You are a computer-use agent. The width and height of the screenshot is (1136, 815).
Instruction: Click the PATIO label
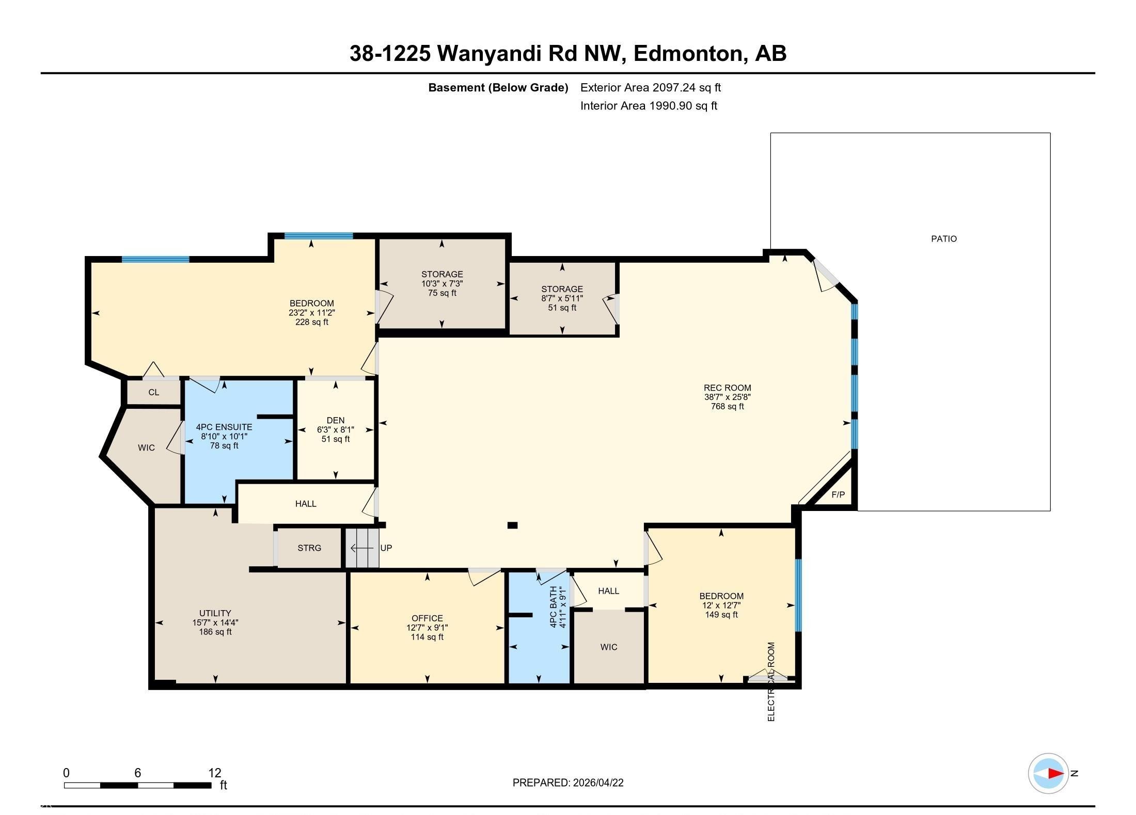click(x=943, y=239)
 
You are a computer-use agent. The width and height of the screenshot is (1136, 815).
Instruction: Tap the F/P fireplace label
click(x=838, y=494)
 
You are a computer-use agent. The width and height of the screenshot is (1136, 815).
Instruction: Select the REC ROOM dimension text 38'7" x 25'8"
click(x=727, y=397)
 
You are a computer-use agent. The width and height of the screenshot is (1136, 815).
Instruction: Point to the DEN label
click(x=336, y=421)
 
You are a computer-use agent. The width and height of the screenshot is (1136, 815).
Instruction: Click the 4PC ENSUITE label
click(x=224, y=427)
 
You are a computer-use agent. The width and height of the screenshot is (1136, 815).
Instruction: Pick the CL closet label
click(x=154, y=392)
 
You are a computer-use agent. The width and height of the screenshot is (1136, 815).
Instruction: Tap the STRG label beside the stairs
click(x=309, y=548)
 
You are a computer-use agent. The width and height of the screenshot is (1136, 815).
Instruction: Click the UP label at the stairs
click(x=386, y=548)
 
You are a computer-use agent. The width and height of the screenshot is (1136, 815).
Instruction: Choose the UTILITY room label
click(x=215, y=614)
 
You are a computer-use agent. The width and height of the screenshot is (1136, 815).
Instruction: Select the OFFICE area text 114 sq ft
click(x=427, y=637)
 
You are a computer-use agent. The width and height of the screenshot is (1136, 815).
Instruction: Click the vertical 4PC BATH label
click(x=554, y=606)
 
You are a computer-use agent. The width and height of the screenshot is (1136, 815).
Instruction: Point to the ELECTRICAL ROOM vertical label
click(x=771, y=682)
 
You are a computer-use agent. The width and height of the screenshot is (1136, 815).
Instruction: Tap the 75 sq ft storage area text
click(x=442, y=293)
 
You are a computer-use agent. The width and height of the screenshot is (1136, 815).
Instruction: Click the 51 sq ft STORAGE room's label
click(x=562, y=290)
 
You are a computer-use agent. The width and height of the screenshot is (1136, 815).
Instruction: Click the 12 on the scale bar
click(x=215, y=773)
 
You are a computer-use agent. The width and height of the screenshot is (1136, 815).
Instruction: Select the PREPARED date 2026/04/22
click(x=598, y=782)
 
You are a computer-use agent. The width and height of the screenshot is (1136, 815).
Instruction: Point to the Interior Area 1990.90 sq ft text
click(x=649, y=106)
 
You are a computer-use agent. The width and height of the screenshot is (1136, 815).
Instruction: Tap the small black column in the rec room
click(x=512, y=525)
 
